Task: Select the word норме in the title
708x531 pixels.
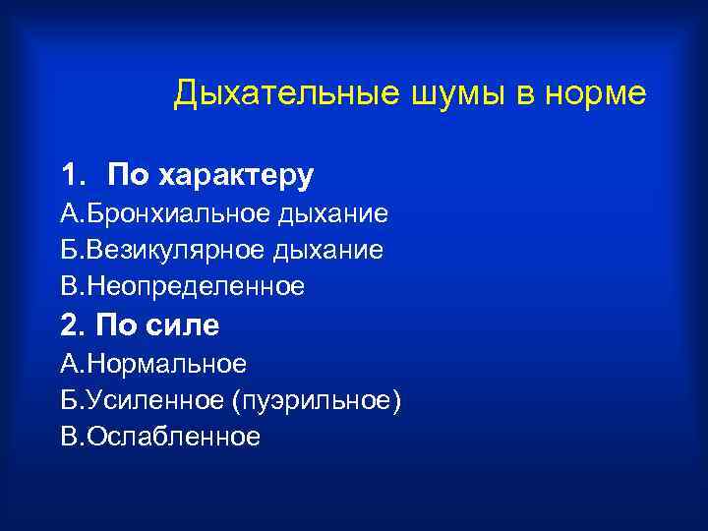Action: [597, 94]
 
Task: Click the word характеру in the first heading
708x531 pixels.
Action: [233, 176]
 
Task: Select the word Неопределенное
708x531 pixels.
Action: [197, 286]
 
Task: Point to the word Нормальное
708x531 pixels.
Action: [167, 364]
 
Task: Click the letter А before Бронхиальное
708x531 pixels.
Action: [68, 213]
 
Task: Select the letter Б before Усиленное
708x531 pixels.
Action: [68, 400]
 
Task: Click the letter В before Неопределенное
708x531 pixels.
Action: [68, 286]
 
